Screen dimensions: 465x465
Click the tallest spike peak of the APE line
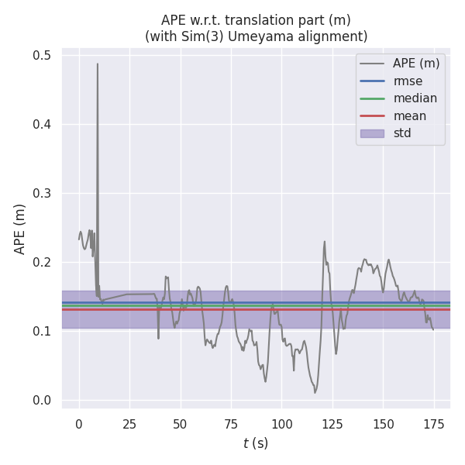(x=98, y=64)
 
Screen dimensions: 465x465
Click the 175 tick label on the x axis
(x=434, y=424)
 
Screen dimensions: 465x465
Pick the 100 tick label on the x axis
(x=282, y=424)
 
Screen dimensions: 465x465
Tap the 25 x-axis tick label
(x=129, y=424)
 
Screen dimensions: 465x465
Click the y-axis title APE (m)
(x=20, y=229)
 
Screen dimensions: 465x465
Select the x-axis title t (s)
(x=256, y=443)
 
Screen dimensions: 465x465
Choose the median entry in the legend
(x=415, y=98)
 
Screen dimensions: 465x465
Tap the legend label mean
(x=409, y=116)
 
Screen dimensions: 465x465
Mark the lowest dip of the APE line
(x=315, y=392)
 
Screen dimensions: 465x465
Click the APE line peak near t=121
(x=325, y=241)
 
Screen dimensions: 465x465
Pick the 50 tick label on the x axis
(x=181, y=424)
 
